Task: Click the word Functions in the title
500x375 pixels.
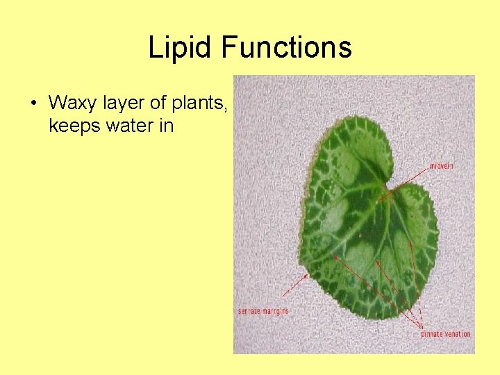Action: [287, 48]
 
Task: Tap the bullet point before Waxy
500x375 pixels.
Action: [33, 103]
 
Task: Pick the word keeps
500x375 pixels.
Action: [73, 126]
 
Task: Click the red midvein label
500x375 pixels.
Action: [442, 166]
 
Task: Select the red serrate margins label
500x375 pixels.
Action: [263, 311]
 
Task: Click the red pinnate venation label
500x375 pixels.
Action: [446, 334]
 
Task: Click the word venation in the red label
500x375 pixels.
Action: [458, 334]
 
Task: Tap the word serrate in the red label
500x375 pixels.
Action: [249, 311]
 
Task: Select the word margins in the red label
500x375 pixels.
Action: [276, 311]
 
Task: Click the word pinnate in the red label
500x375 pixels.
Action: [432, 334]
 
